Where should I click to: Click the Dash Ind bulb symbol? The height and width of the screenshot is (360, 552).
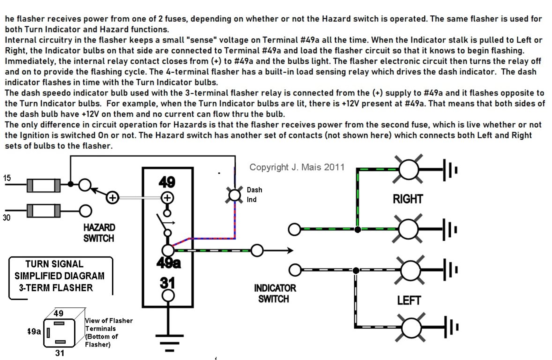point(233,194)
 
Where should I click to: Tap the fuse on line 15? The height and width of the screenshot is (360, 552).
point(44,185)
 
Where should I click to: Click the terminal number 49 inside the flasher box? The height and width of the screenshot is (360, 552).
point(167,182)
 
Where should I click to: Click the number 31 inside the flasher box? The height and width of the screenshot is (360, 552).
point(167,283)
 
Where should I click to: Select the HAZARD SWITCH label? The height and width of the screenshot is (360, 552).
point(99,232)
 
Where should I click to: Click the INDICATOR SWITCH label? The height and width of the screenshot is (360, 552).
point(275,293)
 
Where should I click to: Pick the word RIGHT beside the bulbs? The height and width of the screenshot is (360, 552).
point(408,199)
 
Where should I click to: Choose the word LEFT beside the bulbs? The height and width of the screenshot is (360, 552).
point(409,300)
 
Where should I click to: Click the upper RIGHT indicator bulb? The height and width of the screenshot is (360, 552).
point(410,169)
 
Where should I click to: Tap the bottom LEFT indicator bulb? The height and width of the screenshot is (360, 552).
point(410,327)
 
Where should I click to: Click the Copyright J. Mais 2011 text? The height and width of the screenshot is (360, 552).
point(297,167)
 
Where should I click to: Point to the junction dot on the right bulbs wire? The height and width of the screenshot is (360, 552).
point(358,230)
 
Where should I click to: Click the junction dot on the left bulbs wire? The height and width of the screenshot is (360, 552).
point(356,270)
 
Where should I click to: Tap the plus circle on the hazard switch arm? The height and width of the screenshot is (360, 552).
point(112,198)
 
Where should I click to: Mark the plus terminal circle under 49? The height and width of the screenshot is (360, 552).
point(167,197)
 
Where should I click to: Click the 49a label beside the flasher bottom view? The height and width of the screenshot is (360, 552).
point(34,331)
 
